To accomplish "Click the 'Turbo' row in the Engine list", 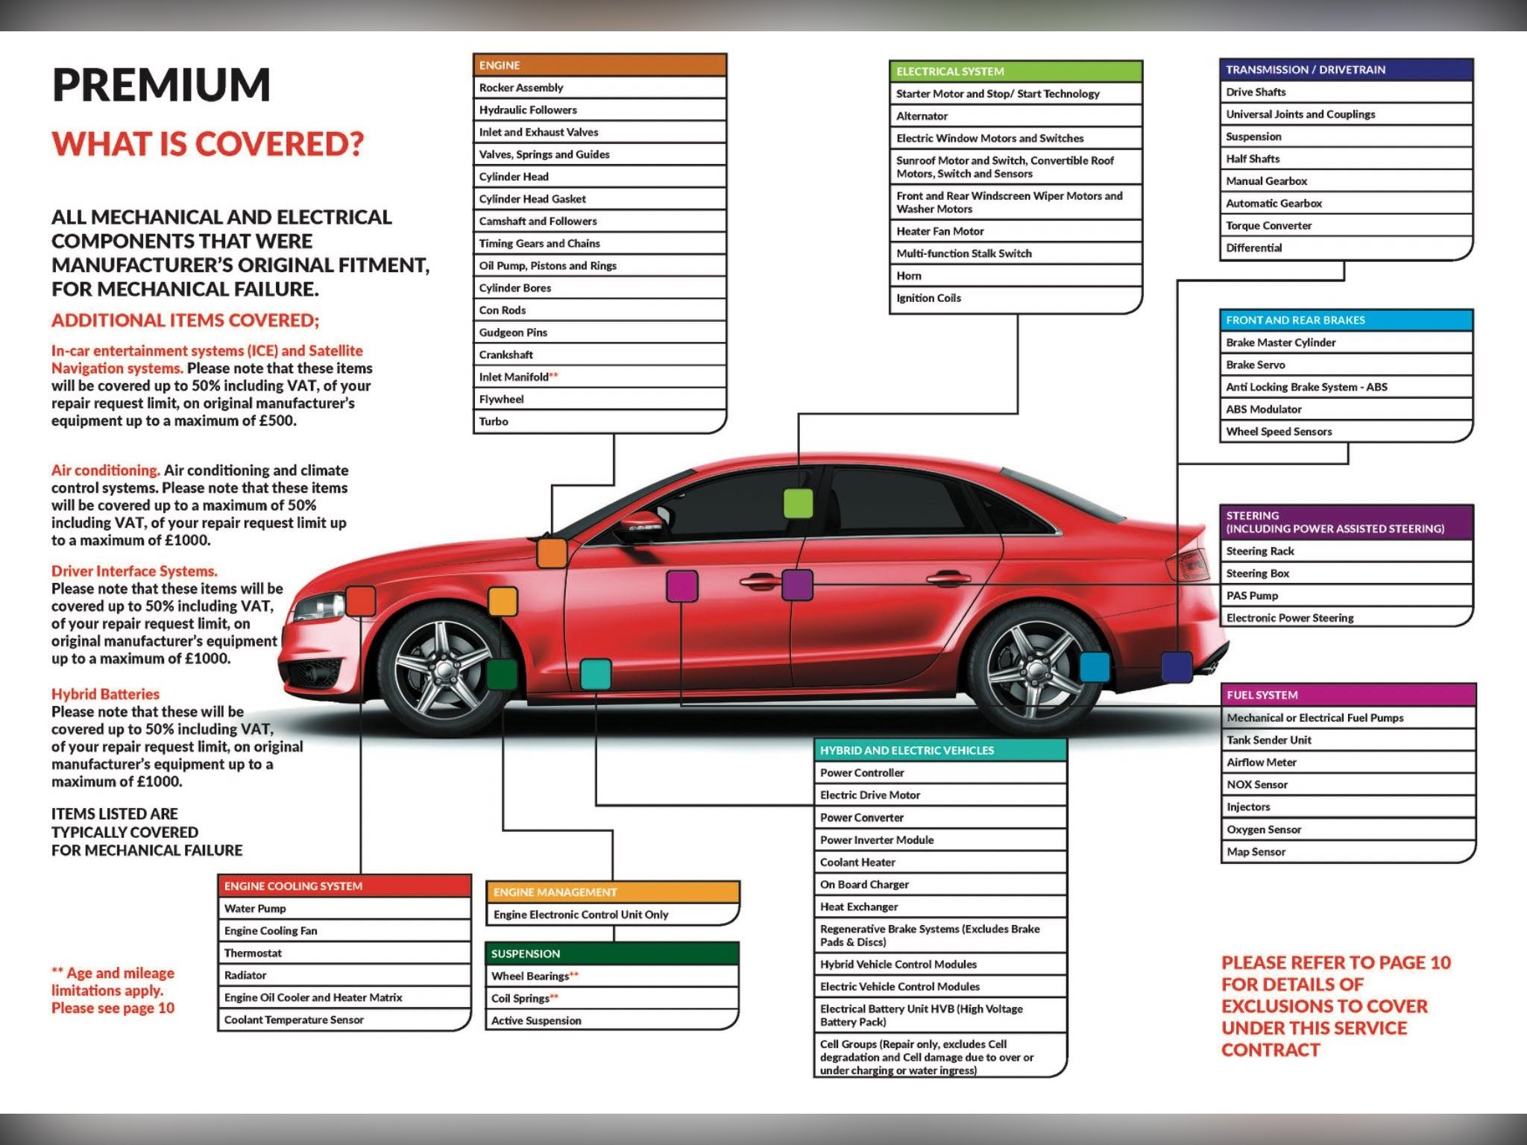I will pos(494,421).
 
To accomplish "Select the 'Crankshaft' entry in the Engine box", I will pos(506,355).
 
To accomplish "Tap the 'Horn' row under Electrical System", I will pos(909,276).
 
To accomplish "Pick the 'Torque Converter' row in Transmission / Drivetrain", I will pos(1268,226).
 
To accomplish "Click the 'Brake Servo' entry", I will pos(1256,365).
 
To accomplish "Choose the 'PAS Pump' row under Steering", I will pos(1252,596).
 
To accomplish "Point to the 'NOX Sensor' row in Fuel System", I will pos(1257,784).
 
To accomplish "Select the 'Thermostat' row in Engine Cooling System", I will pos(254,953).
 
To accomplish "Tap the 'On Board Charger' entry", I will pos(864,884).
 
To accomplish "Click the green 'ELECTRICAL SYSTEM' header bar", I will pos(1016,72).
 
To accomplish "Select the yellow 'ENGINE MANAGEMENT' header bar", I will pos(612,892).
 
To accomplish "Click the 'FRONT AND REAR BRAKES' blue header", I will pos(1346,321).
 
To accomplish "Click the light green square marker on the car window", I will pos(798,504).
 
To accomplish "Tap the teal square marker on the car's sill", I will pos(595,674).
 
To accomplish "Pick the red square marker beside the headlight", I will pos(361,601).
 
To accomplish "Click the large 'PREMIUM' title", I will pos(161,84).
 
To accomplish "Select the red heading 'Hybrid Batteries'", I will pos(105,694).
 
